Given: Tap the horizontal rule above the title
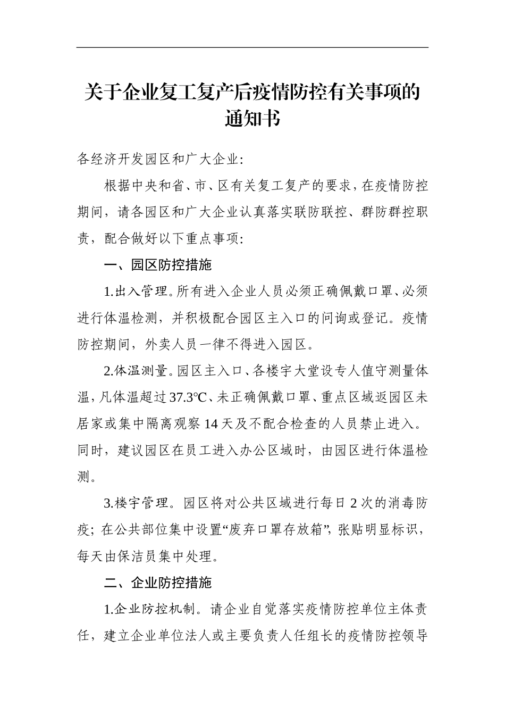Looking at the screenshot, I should [x=252, y=47].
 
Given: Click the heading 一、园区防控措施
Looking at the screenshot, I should [x=158, y=265].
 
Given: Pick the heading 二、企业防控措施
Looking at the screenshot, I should [x=158, y=583].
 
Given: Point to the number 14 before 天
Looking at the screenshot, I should [x=211, y=424].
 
